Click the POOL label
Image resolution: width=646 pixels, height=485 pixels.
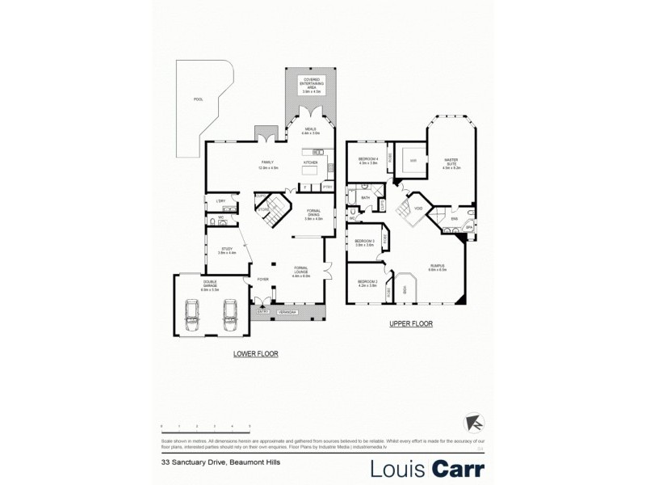coord(198,99)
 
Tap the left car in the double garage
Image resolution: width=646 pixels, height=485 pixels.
coord(193,314)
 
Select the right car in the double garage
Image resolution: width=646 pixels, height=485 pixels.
coord(229,314)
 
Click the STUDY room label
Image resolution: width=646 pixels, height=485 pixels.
coord(227,251)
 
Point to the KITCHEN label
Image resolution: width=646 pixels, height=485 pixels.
coord(310,162)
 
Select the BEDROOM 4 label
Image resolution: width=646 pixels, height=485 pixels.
coord(368,161)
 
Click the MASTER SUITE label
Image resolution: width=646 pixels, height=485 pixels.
coord(451,164)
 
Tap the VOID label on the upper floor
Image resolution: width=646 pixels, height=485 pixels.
coord(417,209)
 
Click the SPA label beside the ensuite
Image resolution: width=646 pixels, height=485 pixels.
coord(468,229)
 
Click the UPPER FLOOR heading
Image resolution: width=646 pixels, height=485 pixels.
coord(410,323)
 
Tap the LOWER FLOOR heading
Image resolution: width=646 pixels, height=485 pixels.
coord(255,354)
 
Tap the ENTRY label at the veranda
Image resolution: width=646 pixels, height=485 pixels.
coord(262,311)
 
